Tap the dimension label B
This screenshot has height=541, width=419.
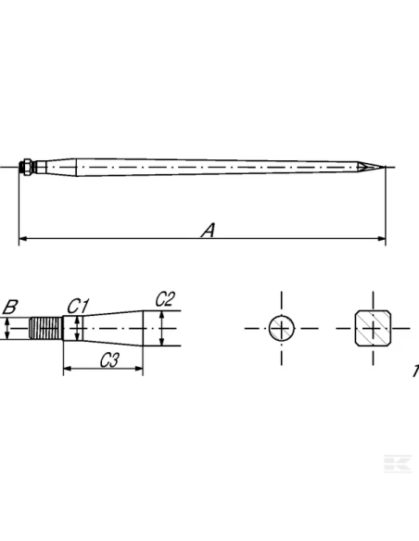[x=11, y=307]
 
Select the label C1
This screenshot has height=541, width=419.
[x=77, y=306]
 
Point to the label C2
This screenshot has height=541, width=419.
[x=164, y=298]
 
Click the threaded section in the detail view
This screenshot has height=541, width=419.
[x=46, y=328]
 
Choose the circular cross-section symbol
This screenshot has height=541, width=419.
[x=280, y=328]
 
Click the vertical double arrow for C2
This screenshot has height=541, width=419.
[x=163, y=328]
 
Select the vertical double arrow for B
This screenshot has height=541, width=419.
[x=7, y=328]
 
